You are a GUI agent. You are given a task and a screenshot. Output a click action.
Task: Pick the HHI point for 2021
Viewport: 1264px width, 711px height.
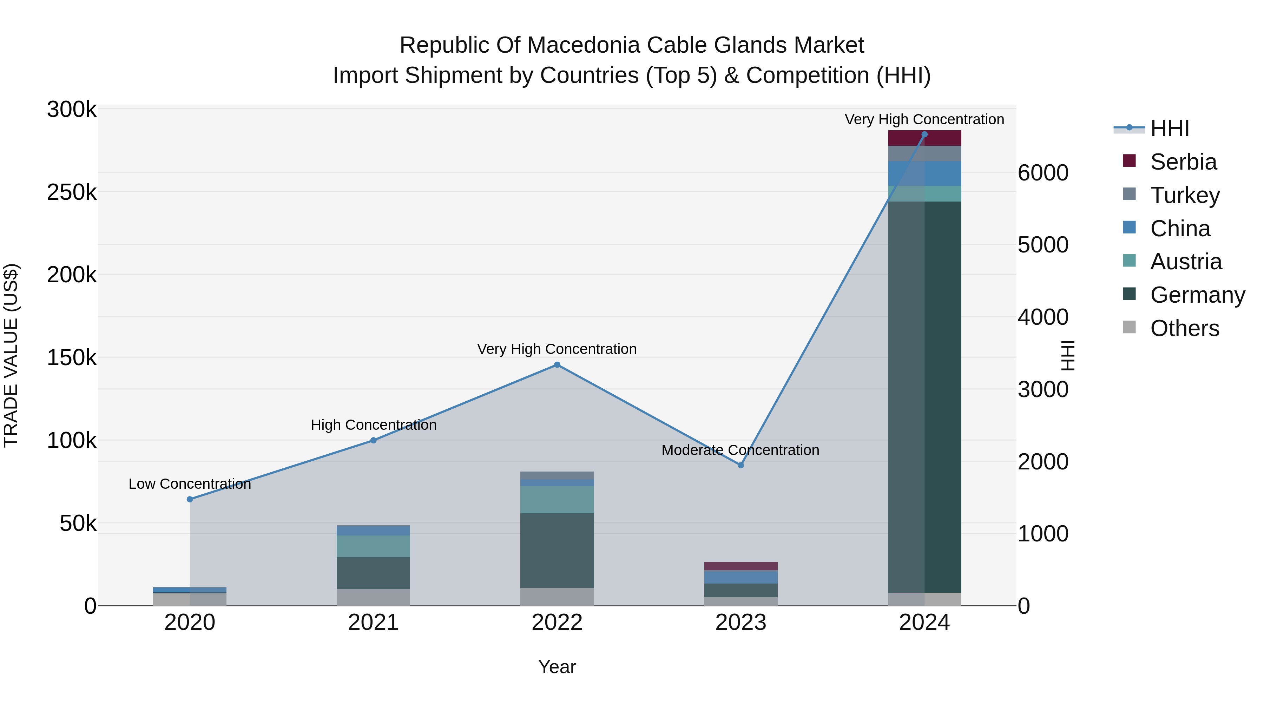[374, 441]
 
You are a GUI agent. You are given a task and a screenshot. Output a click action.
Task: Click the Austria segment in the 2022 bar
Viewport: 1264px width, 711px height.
[557, 500]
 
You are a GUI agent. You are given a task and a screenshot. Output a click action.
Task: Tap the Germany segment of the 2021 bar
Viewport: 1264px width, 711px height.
[374, 573]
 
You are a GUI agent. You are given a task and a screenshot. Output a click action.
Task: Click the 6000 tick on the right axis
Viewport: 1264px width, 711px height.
[1043, 173]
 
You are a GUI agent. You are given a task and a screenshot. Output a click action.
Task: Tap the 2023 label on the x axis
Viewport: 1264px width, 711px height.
[741, 623]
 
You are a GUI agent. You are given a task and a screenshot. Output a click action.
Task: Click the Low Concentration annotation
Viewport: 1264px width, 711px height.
[190, 484]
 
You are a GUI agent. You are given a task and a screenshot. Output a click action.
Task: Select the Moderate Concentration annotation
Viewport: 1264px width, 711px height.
[740, 450]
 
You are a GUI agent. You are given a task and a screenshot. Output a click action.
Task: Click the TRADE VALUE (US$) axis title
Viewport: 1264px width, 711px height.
[11, 355]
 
